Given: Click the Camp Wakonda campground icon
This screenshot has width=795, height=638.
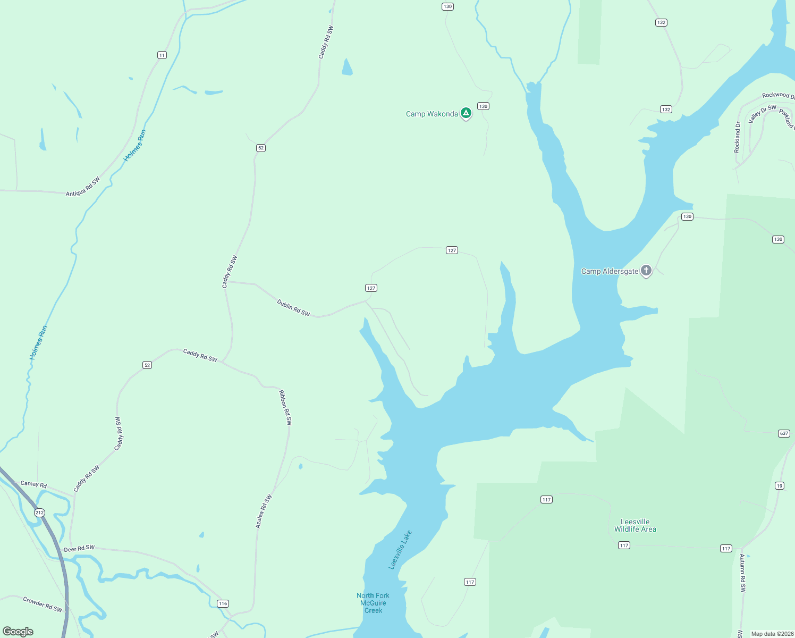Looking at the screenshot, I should click(466, 113).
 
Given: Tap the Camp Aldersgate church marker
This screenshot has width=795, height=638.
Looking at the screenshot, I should click(646, 271).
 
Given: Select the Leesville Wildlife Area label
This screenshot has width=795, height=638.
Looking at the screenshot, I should click(635, 525).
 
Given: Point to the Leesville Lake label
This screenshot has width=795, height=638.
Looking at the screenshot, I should click(401, 550).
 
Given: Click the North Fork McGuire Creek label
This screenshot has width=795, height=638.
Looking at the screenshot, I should click(373, 603).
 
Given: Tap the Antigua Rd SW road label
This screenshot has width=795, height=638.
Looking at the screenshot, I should click(83, 187).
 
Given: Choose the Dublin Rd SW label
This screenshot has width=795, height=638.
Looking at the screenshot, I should click(293, 307).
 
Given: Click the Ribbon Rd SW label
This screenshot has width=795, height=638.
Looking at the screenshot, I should click(285, 407).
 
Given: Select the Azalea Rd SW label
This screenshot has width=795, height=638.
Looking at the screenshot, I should click(264, 511).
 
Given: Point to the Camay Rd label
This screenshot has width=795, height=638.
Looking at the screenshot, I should click(33, 484).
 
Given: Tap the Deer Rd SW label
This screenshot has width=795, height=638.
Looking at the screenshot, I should click(79, 548).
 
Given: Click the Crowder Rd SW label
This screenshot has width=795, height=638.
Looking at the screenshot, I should click(43, 605).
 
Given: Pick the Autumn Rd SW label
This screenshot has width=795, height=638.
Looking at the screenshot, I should click(742, 573).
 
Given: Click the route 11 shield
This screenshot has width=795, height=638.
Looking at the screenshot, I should click(162, 55).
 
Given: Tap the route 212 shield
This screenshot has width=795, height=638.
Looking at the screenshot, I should click(40, 513).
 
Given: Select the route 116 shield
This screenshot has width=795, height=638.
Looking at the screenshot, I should click(223, 603).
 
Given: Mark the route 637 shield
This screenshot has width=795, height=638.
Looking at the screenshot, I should click(784, 433).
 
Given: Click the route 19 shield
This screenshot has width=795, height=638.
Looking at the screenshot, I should click(780, 485).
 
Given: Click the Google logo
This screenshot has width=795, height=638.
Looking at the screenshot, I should click(18, 632).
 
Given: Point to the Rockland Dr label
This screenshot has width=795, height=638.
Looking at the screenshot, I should click(737, 137).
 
